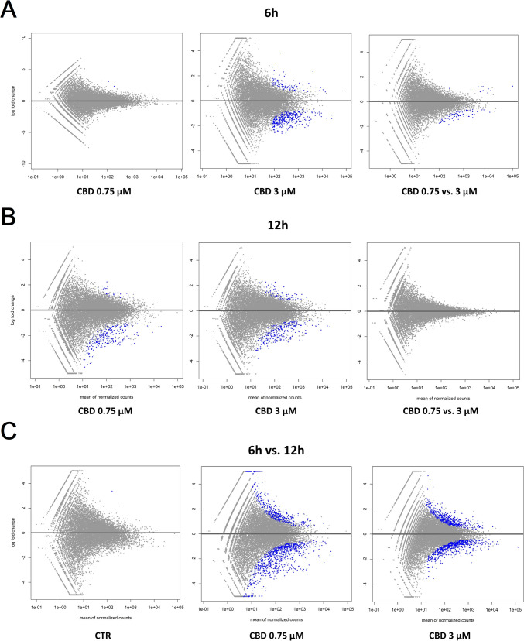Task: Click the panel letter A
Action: tap(9, 12)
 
